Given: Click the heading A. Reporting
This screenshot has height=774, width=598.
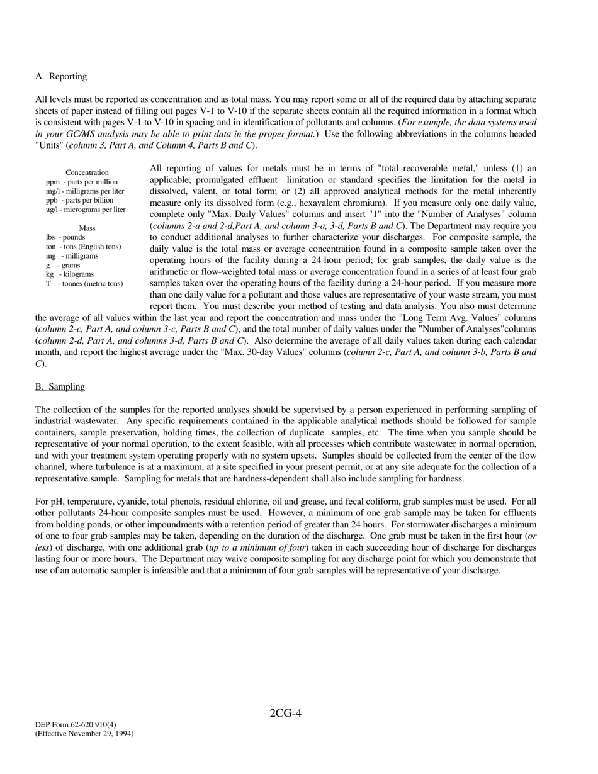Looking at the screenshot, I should tap(61, 76).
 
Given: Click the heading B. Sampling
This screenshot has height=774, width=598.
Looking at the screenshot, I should tap(60, 386).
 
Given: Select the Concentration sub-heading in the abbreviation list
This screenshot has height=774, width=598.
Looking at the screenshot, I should tap(87, 172).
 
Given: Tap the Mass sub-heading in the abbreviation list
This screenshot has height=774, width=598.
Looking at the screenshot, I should tap(87, 228).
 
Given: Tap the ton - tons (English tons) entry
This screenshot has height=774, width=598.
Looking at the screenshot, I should tap(83, 247).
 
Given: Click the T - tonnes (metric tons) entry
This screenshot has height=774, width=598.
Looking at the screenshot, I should tap(84, 284).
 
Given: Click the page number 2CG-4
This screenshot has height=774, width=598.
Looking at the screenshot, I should tap(286, 713).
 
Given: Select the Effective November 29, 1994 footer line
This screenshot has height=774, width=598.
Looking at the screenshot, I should tap(84, 734).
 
